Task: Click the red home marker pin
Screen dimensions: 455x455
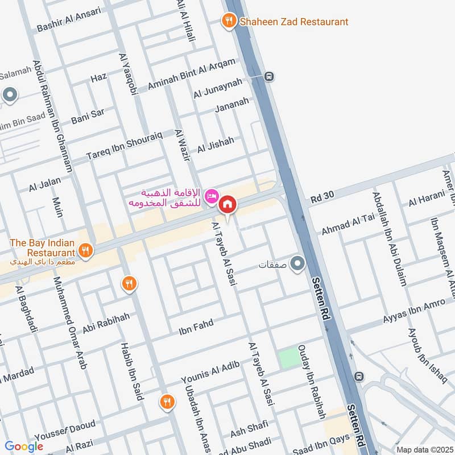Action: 227,203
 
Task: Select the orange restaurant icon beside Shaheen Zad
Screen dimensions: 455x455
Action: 229,21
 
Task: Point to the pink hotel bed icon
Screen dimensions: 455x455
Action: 211,195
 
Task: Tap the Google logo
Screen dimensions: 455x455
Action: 24,446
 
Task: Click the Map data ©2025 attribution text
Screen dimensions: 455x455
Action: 424,449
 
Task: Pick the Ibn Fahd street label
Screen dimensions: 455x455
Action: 196,327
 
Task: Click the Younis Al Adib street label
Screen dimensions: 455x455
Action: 210,373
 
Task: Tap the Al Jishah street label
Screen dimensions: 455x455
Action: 216,145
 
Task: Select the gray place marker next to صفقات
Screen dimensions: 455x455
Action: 297,264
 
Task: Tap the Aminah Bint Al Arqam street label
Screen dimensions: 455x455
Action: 191,74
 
